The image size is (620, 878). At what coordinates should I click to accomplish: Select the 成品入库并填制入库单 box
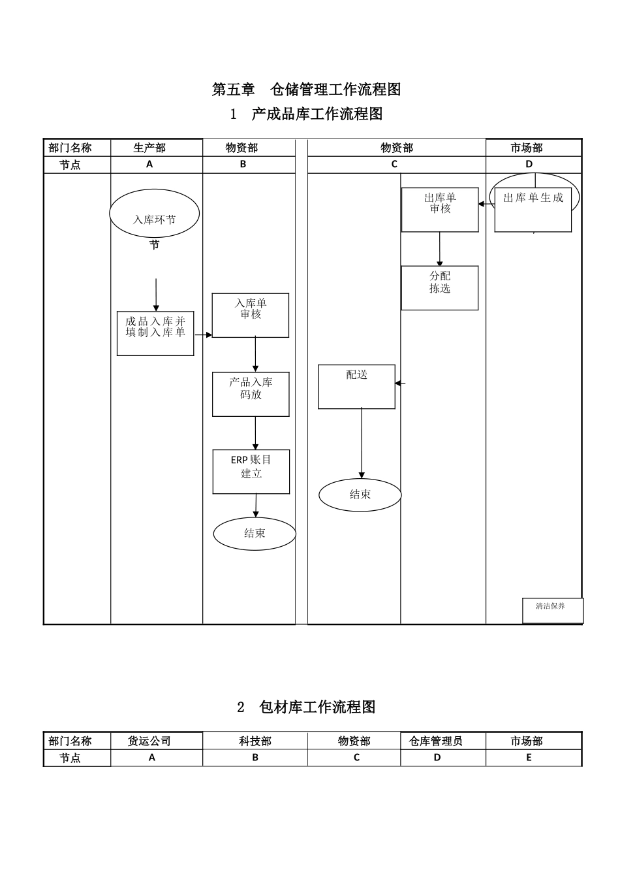click(x=155, y=333)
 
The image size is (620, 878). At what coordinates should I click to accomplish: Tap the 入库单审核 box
click(x=251, y=315)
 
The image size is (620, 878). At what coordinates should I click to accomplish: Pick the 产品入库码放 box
click(x=251, y=394)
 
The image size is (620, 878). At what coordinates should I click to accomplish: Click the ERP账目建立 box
click(x=251, y=471)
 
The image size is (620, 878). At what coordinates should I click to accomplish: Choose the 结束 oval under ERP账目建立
click(x=255, y=533)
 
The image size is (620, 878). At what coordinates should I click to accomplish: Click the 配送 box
click(x=356, y=387)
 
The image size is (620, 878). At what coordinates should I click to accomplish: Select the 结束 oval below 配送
click(x=360, y=495)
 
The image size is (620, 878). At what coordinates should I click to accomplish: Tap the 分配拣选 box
click(x=440, y=287)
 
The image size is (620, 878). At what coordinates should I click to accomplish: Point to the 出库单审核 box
click(x=440, y=210)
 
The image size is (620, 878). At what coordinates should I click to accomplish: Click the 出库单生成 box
click(x=533, y=210)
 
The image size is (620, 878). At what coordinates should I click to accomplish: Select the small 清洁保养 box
click(x=552, y=610)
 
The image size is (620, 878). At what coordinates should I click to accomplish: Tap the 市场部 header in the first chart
click(x=527, y=148)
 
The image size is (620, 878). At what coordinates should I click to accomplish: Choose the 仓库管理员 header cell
click(x=436, y=741)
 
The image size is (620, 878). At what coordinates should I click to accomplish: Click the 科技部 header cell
click(x=255, y=741)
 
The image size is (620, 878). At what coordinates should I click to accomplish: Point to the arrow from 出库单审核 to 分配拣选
click(x=440, y=248)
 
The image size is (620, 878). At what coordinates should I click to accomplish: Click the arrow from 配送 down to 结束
click(x=362, y=444)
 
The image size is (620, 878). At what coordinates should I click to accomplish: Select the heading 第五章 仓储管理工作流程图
click(x=306, y=89)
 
